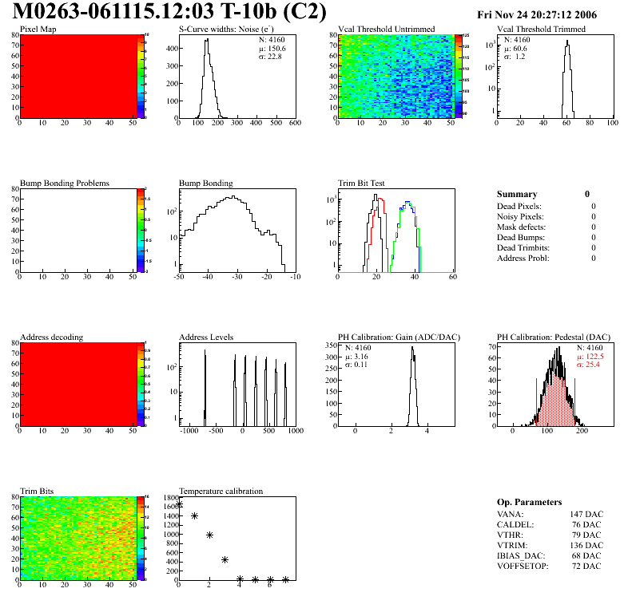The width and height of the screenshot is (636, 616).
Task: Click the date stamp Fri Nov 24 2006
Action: point(536,15)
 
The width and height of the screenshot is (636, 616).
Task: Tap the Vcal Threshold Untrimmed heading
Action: point(387,30)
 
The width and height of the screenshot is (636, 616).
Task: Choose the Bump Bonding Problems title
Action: point(65,184)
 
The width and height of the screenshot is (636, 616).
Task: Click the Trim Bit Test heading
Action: point(362,184)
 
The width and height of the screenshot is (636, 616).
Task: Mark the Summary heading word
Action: point(517,194)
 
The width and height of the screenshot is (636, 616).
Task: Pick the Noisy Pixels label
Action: point(520,217)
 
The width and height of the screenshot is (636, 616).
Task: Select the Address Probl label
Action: point(523,259)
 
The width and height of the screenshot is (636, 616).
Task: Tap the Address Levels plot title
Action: point(207,338)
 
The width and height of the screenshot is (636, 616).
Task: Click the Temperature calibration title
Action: point(221,492)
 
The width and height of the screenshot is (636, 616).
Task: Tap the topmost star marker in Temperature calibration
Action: point(180,504)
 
